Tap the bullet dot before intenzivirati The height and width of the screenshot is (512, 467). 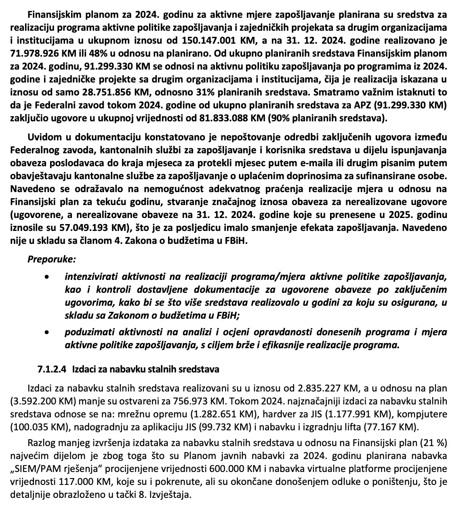(48, 277)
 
